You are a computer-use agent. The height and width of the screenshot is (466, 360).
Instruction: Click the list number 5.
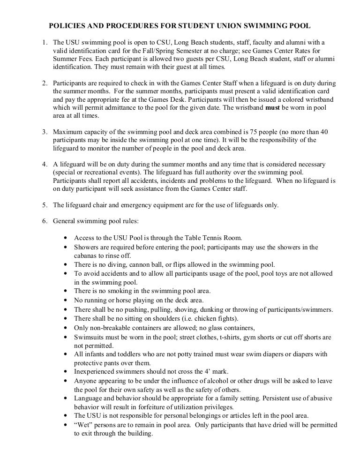pyautogui.click(x=45, y=204)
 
